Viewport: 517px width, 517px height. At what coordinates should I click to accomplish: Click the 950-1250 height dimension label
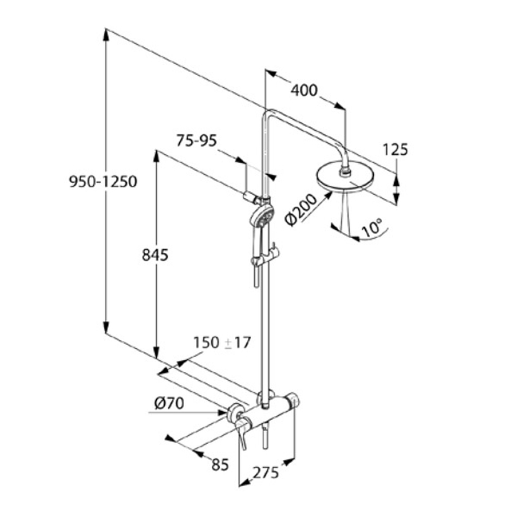point(103,182)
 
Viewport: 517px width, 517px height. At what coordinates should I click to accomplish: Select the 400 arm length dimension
point(304,90)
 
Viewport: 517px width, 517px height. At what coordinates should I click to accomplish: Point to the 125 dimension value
point(395,150)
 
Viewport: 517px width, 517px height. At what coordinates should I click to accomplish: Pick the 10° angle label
point(372,227)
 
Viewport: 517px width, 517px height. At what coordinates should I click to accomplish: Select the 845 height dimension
point(155,255)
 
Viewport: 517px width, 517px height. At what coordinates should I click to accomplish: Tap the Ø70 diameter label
point(169,405)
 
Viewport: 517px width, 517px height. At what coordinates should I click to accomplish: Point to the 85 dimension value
point(220,464)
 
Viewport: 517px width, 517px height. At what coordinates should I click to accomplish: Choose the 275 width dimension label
point(266,472)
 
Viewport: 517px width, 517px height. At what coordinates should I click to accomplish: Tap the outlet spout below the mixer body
point(265,437)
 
